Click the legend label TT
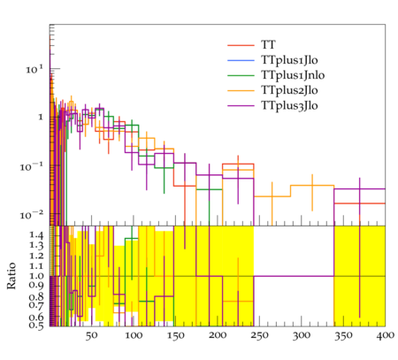pyautogui.click(x=268, y=45)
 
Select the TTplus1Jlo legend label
pyautogui.click(x=289, y=60)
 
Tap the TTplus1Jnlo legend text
pyautogui.click(x=293, y=75)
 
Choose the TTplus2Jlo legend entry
pyautogui.click(x=289, y=90)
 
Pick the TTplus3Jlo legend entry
pyautogui.click(x=289, y=105)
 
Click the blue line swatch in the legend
pyautogui.click(x=241, y=60)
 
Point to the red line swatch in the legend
pyautogui.click(x=241, y=45)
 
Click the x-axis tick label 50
pyautogui.click(x=91, y=336)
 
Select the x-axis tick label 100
pyautogui.click(x=134, y=336)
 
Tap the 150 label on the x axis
pyautogui.click(x=176, y=336)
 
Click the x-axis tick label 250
pyautogui.click(x=259, y=336)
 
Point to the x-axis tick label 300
pyautogui.click(x=302, y=336)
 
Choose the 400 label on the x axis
pyautogui.click(x=386, y=336)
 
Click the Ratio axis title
pyautogui.click(x=11, y=276)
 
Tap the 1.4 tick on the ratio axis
pyautogui.click(x=36, y=235)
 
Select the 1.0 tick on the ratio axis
pyautogui.click(x=36, y=276)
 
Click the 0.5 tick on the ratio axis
pyautogui.click(x=36, y=326)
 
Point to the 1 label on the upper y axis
pyautogui.click(x=41, y=118)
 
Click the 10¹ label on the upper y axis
pyautogui.click(x=34, y=70)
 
